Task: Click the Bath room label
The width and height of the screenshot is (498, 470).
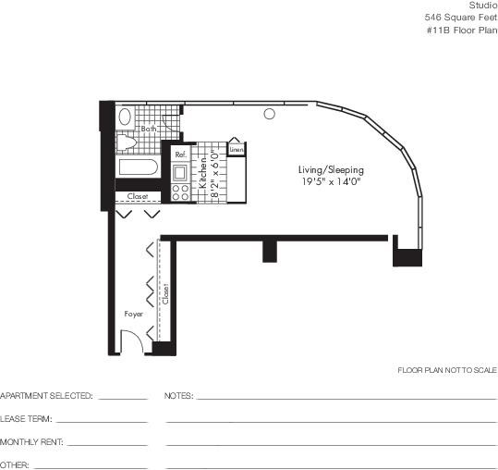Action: [x=149, y=129]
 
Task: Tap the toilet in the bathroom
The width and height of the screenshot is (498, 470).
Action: [x=126, y=142]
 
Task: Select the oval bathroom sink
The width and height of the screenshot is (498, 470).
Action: [x=125, y=117]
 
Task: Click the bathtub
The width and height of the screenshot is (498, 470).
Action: [x=139, y=167]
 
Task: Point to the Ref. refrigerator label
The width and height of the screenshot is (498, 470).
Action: [x=181, y=155]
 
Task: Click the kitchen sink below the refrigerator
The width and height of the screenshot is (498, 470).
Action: [x=180, y=173]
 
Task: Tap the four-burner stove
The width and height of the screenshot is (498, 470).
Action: [x=180, y=192]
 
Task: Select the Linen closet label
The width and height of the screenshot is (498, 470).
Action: [x=237, y=150]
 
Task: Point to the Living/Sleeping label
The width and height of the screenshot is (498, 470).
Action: [x=332, y=170]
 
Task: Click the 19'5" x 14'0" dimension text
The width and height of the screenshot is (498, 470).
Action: [x=332, y=181]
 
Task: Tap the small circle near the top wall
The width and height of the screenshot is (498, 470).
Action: [x=270, y=114]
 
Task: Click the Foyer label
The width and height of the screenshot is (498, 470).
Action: [x=134, y=315]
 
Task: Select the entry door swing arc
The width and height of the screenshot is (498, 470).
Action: [x=137, y=336]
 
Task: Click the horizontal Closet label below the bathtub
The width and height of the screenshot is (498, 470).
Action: [x=138, y=196]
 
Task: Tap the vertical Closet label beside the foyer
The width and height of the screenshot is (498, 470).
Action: [x=165, y=294]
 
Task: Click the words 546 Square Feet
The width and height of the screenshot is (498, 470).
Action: [x=461, y=18]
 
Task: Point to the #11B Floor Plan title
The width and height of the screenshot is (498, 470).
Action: [x=462, y=31]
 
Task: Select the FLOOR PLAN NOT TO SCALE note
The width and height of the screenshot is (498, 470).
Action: [x=447, y=370]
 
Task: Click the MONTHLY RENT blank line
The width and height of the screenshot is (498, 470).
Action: [x=108, y=445]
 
